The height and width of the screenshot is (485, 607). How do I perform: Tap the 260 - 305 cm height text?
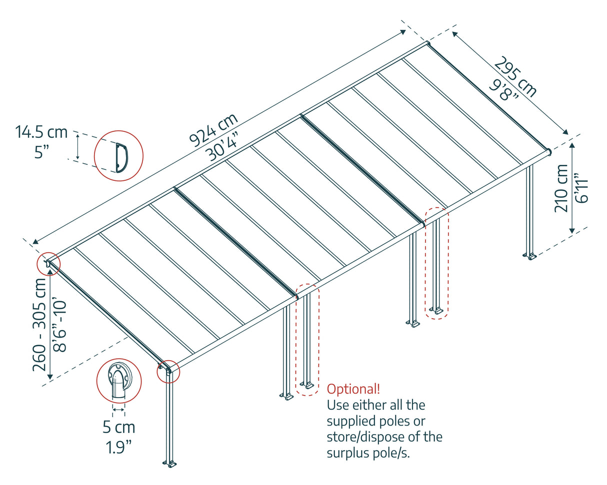[40, 324]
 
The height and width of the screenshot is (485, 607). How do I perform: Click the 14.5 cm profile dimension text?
[41, 132]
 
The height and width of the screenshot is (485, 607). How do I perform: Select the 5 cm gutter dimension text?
[118, 428]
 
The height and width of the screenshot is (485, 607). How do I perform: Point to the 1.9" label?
[118, 446]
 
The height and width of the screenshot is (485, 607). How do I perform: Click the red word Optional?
[353, 389]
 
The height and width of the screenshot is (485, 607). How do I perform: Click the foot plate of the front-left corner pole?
[170, 464]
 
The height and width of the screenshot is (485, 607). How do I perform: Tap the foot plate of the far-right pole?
[529, 257]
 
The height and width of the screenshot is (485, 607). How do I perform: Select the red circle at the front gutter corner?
[168, 371]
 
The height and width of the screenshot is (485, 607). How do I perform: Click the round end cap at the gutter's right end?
[549, 151]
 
